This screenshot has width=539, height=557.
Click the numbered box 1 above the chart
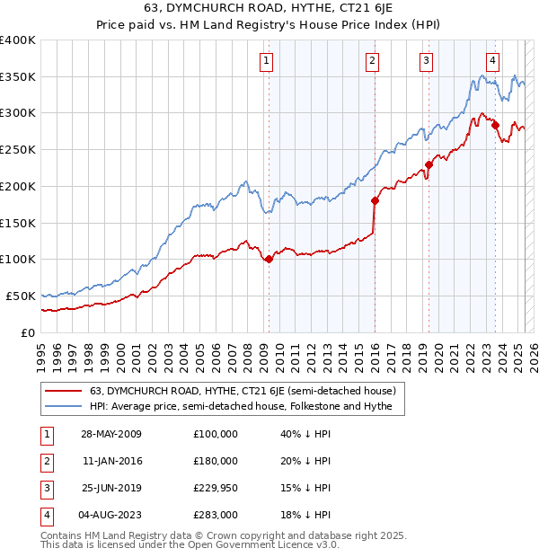point(268,61)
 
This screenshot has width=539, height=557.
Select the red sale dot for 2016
point(375,200)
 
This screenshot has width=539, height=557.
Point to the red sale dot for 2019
point(429,164)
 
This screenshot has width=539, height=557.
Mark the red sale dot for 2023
point(495,125)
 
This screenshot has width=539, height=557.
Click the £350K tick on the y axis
point(17,77)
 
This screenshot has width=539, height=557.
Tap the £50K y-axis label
point(21,296)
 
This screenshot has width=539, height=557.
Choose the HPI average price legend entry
point(247,407)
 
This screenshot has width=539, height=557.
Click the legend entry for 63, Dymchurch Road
point(248,391)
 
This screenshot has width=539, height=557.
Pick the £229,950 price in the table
point(216,488)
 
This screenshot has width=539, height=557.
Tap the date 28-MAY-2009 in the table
point(111,434)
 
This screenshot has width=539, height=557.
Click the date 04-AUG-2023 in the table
point(111,515)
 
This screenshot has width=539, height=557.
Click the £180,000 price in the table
point(216,461)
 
